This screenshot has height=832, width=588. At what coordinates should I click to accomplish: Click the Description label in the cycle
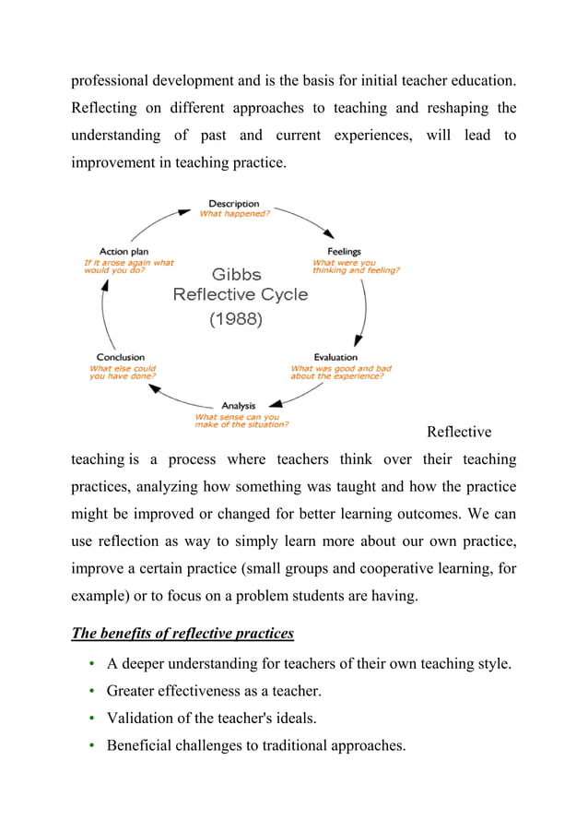pos(233,204)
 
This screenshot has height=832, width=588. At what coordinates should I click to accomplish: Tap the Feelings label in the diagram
pos(344,252)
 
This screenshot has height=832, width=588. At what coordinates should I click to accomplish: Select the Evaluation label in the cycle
pos(335,357)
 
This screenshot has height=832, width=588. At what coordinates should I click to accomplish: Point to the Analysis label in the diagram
pos(239,405)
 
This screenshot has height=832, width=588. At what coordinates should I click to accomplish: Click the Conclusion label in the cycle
pos(121,357)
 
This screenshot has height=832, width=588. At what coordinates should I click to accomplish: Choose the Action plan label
pos(123,252)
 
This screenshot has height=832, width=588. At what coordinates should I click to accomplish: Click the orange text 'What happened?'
pos(235,214)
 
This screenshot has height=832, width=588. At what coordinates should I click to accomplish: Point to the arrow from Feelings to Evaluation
pos(363,309)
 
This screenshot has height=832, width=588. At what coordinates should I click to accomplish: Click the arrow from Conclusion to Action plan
pos(104,314)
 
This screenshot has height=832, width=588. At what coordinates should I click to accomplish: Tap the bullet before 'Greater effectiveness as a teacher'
pos(93,690)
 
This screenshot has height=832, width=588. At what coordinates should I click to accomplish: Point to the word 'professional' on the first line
pos(113,81)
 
